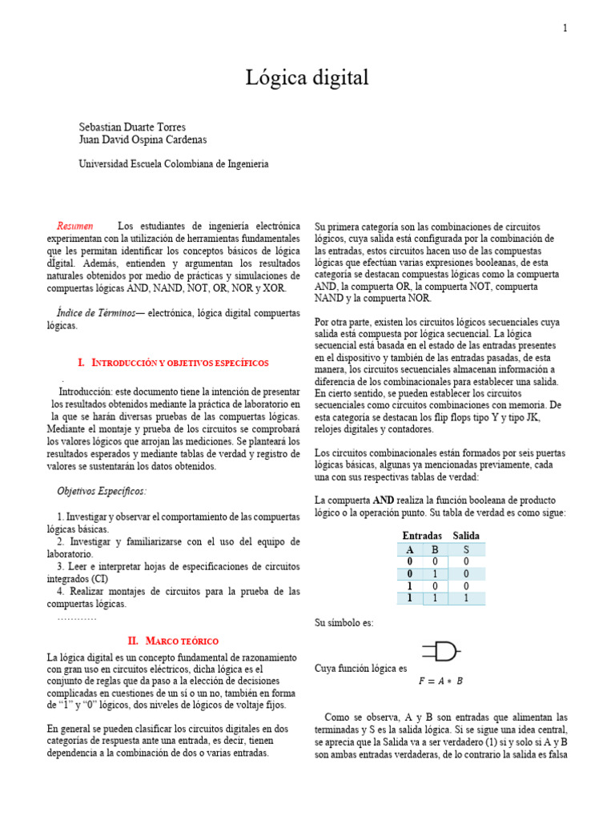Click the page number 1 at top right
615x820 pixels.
coord(565,29)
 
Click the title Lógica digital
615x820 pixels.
coord(307,78)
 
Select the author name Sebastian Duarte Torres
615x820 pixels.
coord(132,127)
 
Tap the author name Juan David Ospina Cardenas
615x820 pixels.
coord(143,139)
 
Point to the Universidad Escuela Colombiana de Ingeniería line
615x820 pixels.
coord(174,163)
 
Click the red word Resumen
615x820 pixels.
coord(75,227)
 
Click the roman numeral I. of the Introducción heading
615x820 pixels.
coord(82,363)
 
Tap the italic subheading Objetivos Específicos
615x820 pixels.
coord(102,490)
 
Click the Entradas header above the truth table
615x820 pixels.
coord(422,535)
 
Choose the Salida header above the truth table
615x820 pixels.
coord(466,535)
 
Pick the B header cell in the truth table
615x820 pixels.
coord(436,549)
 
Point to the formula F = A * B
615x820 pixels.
coord(440,681)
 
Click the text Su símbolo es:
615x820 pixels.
coord(344,623)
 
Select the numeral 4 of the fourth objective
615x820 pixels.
coord(61,592)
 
